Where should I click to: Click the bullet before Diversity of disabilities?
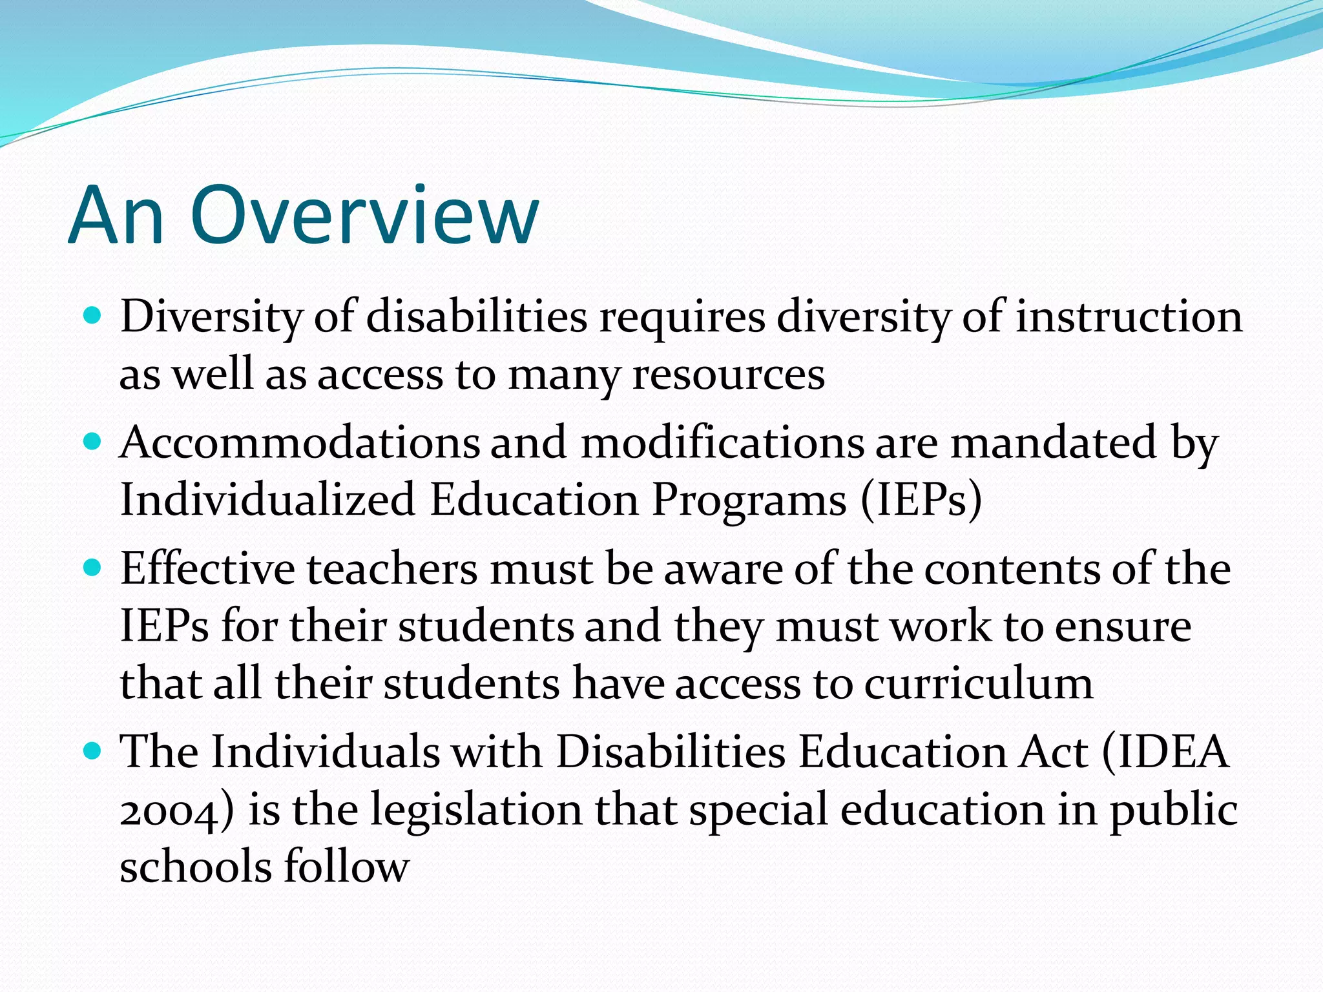pos(93,315)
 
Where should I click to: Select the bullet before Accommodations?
pos(93,442)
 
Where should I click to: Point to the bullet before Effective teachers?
pos(93,568)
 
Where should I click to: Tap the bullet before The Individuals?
pos(93,750)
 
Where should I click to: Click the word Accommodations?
pos(300,443)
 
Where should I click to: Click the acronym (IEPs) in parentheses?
pos(921,500)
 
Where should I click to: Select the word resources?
pos(728,375)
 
